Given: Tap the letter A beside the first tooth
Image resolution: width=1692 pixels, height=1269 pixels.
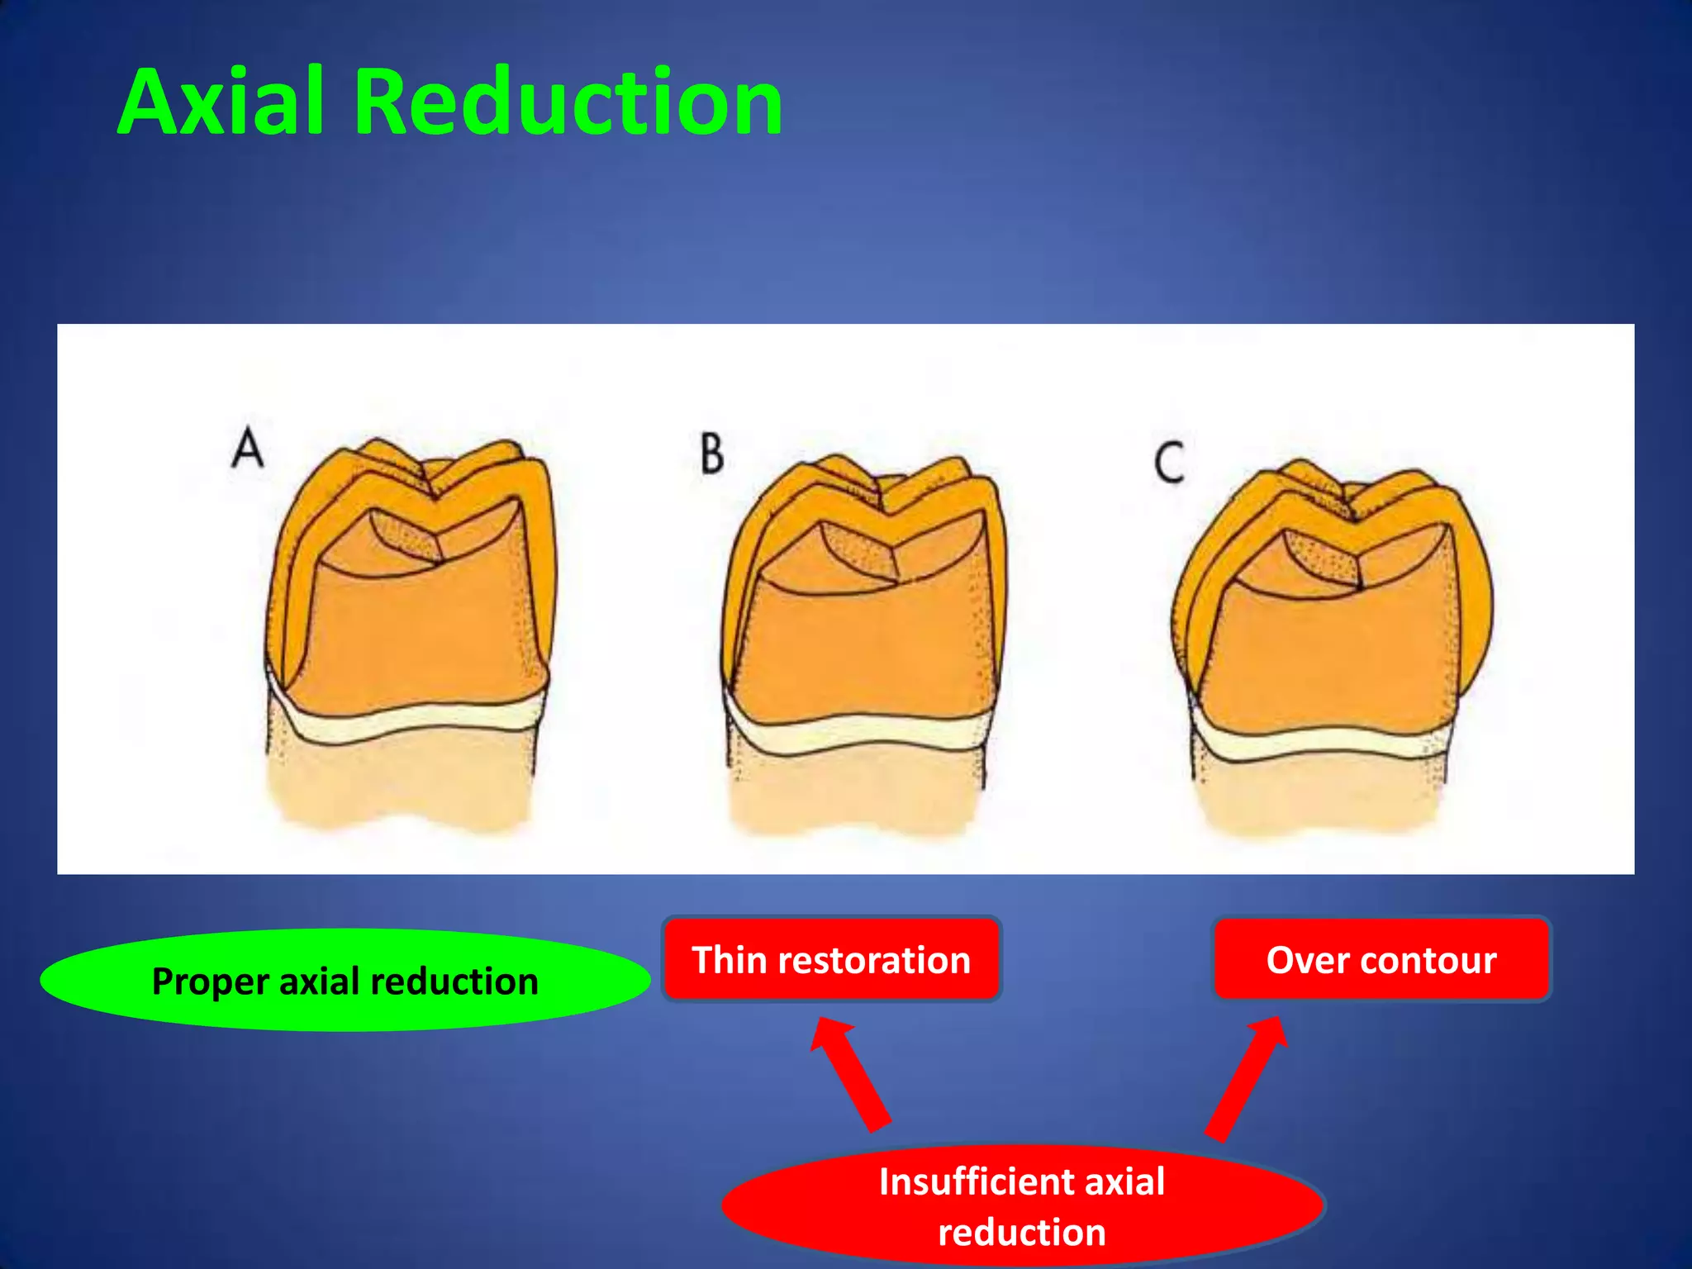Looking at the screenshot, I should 248,450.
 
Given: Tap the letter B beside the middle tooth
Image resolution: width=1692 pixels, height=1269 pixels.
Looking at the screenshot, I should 712,454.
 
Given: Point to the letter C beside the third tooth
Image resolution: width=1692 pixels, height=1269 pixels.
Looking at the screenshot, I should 1170,463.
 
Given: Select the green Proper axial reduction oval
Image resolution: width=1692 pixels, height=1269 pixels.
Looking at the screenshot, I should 345,981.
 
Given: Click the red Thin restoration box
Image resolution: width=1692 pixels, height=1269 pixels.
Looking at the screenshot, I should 831,959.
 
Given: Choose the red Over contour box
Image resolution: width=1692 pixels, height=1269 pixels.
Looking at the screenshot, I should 1381,959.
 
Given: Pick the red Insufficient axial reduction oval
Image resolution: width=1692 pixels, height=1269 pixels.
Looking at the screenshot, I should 1022,1205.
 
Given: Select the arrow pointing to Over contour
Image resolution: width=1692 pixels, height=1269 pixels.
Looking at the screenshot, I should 1248,1078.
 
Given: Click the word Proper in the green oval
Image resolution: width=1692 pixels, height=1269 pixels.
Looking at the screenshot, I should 211,982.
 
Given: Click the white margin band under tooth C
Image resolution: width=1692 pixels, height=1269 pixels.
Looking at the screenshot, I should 1322,744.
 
